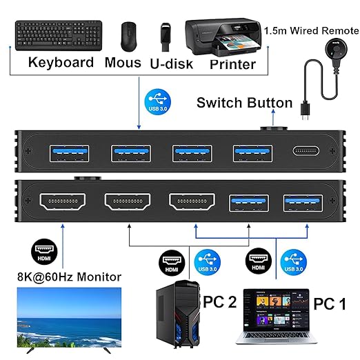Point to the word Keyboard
coord(61,62)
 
